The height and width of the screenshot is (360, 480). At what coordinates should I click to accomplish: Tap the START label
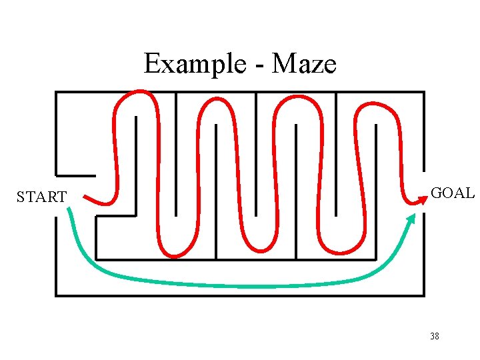[41, 197]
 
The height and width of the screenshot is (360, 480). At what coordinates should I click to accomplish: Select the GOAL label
[453, 193]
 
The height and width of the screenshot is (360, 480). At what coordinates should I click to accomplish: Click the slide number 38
[435, 336]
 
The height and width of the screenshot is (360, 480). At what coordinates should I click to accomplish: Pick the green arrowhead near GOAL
[411, 218]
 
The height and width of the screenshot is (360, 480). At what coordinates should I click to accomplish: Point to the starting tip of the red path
[86, 197]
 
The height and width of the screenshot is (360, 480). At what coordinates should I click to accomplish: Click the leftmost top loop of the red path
[137, 93]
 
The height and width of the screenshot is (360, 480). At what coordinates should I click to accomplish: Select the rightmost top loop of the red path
[377, 104]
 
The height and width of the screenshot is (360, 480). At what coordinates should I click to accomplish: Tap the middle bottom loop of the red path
[257, 250]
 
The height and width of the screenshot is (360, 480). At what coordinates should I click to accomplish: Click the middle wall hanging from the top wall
[256, 153]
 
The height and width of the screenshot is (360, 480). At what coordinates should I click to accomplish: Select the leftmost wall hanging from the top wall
[176, 153]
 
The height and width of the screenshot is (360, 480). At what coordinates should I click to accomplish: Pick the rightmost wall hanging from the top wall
[336, 153]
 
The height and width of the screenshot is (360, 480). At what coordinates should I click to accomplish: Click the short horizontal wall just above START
[75, 176]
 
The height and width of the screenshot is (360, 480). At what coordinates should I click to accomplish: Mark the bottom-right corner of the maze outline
[423, 295]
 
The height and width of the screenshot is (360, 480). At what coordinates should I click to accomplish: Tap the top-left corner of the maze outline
[56, 92]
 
